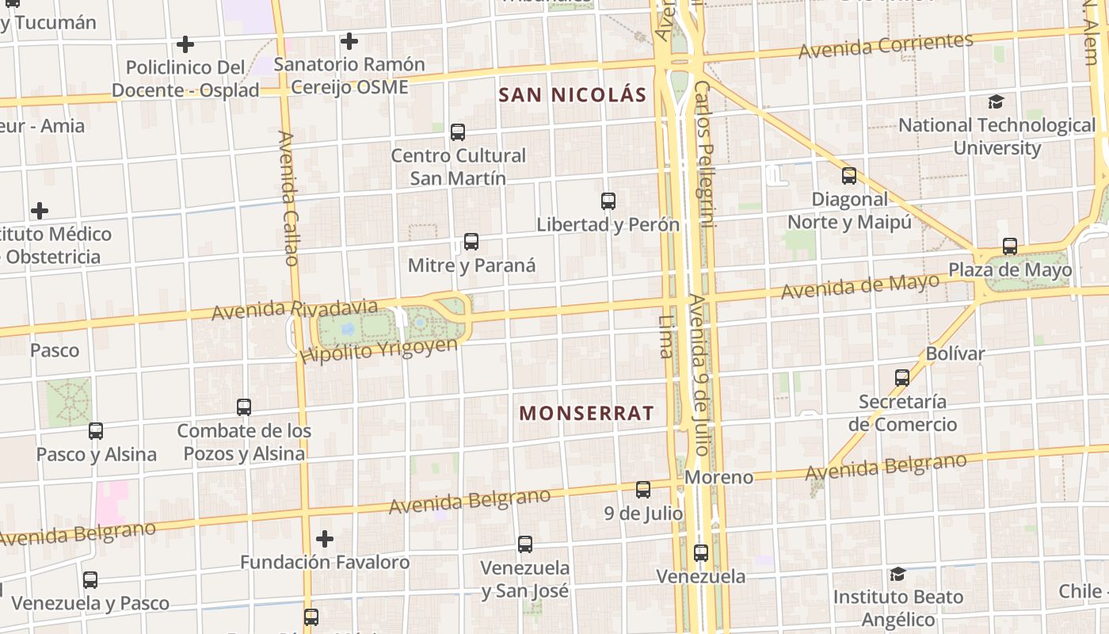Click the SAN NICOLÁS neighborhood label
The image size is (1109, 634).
pos(573,95)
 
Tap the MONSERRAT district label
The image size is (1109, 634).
pos(587,413)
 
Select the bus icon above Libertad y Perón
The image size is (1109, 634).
pos(608,201)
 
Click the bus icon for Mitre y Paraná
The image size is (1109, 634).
pos(471,242)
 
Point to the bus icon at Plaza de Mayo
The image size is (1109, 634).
pos(1010,246)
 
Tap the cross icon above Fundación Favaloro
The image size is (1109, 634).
pos(325,540)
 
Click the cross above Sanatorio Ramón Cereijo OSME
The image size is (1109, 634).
pos(349,41)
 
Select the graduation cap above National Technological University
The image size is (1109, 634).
pos(997,102)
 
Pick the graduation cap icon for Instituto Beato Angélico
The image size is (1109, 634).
pos(897,574)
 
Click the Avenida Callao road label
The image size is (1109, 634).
pos(288,198)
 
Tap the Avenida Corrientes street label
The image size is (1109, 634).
pos(886,46)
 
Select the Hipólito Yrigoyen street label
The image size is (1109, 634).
pos(379,350)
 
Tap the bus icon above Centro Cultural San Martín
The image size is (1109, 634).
pos(458,132)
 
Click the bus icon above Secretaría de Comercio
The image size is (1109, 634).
pos(902,378)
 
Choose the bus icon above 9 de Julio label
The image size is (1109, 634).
pos(643,490)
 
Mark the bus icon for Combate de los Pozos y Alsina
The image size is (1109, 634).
pos(244,407)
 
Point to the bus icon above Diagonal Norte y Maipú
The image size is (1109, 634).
pos(849,176)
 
